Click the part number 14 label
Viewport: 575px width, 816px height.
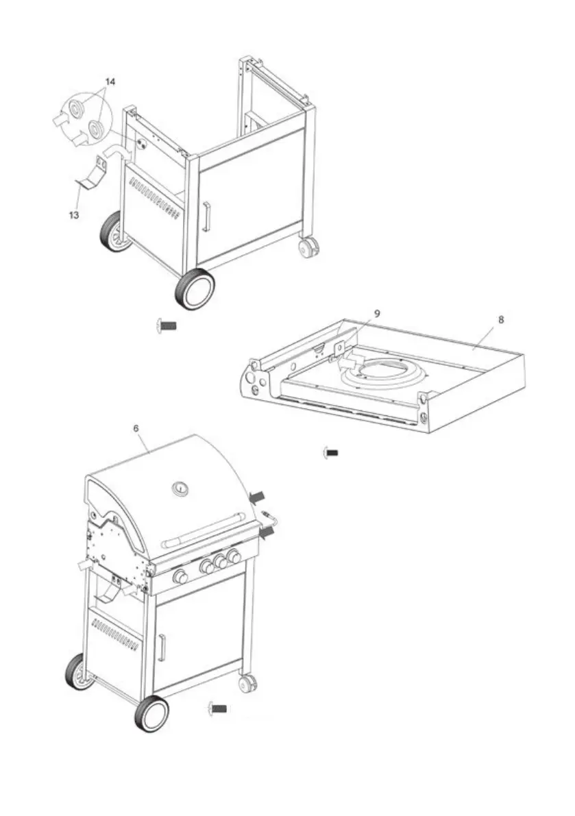click(x=110, y=82)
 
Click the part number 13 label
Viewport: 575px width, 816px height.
click(x=73, y=214)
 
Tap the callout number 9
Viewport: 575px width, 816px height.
click(x=376, y=312)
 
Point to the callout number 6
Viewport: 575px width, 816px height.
click(x=136, y=428)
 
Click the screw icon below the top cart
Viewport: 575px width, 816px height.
click(x=167, y=325)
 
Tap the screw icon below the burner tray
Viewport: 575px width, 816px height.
click(x=332, y=452)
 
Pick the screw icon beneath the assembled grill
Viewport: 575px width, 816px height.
click(x=218, y=708)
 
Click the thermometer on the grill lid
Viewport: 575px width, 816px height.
click(x=182, y=489)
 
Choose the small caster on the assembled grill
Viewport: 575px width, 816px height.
click(x=248, y=682)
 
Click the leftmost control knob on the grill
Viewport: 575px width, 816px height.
click(x=181, y=577)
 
